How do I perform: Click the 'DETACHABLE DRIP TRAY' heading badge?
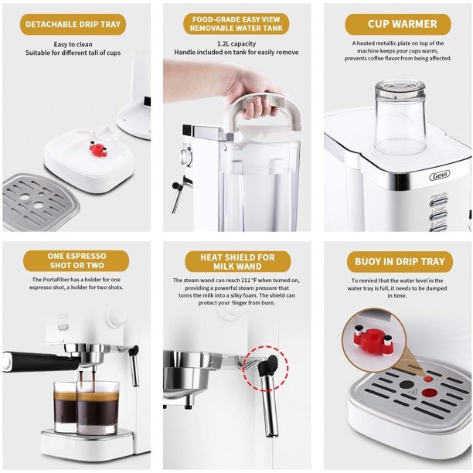coord(73,25)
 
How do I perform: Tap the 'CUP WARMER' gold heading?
coord(398,24)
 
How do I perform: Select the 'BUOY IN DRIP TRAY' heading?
coord(400,261)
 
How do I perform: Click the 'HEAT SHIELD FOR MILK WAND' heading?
coord(238,262)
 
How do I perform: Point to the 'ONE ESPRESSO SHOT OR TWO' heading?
coord(77,260)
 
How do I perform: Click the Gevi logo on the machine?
coord(440,175)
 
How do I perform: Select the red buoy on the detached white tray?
coord(98,148)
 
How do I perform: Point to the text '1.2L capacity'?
coord(236,44)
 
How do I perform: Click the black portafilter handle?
coord(40,361)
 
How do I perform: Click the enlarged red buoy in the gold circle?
coord(373,340)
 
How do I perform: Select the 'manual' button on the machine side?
coord(439,202)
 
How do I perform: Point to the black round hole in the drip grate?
coord(406,385)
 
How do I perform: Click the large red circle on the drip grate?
coord(430,393)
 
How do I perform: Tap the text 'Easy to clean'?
coord(73,44)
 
